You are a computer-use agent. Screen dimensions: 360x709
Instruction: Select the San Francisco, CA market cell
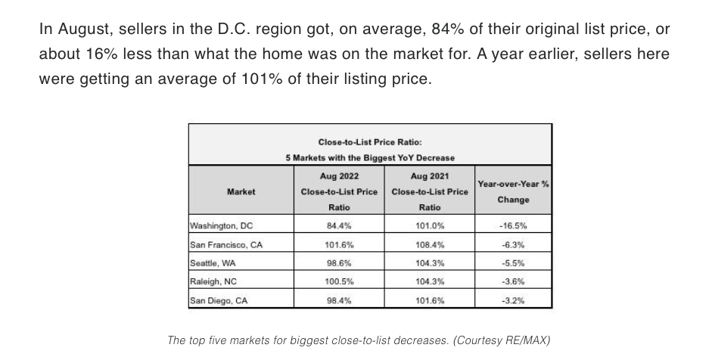click(226, 244)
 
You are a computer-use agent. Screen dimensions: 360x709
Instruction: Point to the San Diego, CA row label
click(219, 300)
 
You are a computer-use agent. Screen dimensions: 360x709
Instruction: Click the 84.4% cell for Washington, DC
click(338, 225)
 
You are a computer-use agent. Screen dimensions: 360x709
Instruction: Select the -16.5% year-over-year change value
click(513, 225)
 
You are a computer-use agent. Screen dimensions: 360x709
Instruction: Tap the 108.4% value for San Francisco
click(429, 244)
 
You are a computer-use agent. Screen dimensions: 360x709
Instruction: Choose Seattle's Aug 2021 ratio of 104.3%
click(429, 262)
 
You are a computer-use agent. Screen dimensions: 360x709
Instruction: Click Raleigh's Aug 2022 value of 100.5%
click(338, 281)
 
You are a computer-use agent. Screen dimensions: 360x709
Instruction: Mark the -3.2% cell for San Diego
click(513, 300)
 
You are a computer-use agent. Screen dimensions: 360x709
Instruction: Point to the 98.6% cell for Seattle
click(338, 262)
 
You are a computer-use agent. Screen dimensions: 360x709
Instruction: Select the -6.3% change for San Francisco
click(513, 244)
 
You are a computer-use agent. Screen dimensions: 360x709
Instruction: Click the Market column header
click(241, 191)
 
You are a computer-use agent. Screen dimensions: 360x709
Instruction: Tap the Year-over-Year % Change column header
click(513, 191)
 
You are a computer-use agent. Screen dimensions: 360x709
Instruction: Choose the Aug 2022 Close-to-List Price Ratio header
click(339, 191)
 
